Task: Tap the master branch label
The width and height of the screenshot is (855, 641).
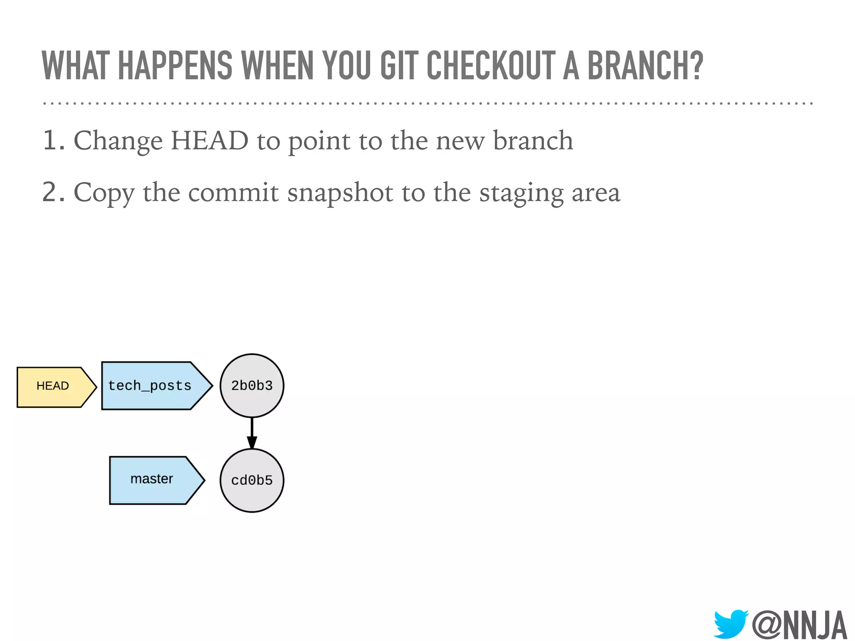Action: tap(152, 479)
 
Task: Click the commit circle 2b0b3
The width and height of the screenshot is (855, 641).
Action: tap(252, 386)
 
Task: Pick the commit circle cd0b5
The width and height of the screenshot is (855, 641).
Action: tap(252, 480)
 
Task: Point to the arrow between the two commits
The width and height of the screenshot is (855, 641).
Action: tap(252, 433)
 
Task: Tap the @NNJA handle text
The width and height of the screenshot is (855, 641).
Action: tap(799, 625)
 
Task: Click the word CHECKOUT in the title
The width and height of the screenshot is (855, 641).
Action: tap(491, 66)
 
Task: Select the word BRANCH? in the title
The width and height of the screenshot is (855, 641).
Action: tap(645, 66)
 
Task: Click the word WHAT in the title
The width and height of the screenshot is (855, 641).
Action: tap(76, 66)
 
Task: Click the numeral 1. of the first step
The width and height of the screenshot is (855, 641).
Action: tap(53, 141)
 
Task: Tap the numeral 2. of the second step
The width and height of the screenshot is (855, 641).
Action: tap(53, 192)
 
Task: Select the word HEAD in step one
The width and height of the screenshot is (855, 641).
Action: tap(210, 141)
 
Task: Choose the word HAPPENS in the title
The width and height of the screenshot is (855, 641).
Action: tap(175, 66)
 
